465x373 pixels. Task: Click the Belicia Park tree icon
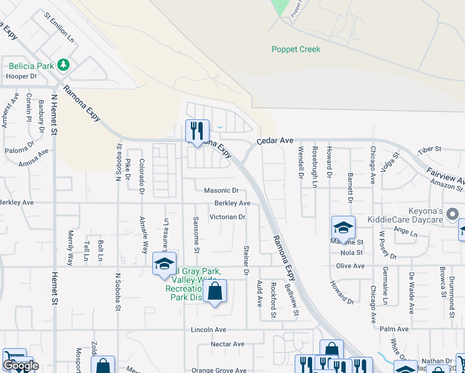[62, 65]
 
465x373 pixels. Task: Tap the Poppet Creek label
[296, 49]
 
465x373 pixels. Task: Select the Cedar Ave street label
[276, 141]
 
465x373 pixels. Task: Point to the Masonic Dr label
[222, 190]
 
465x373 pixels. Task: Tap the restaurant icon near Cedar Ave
[197, 131]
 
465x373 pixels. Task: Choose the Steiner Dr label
[246, 261]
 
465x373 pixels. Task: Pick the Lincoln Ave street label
[209, 329]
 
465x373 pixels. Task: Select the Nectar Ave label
[228, 344]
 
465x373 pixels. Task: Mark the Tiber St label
[429, 149]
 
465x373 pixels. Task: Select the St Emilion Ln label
[59, 27]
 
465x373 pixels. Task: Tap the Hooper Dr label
[22, 76]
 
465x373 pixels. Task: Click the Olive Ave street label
[350, 266]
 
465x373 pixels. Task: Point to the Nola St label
[351, 252]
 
